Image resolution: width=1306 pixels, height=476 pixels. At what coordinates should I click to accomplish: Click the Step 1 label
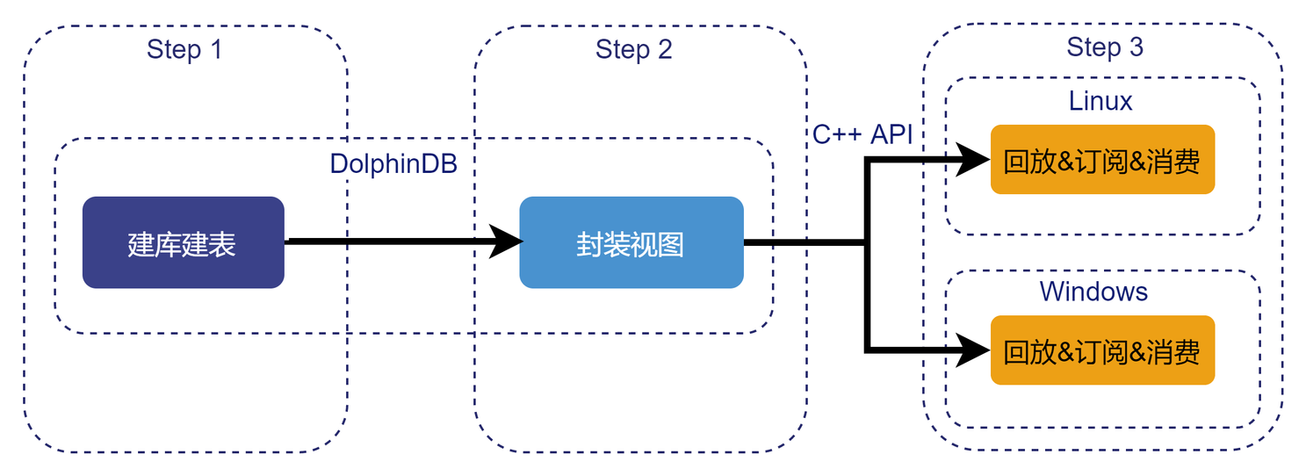point(184,49)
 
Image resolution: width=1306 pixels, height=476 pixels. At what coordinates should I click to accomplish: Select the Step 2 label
point(633,49)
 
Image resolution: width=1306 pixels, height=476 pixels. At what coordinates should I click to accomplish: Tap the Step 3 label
point(1105,47)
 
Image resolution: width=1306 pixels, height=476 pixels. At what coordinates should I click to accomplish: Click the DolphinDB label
point(393,164)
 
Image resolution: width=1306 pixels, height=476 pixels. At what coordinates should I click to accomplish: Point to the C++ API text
point(862,134)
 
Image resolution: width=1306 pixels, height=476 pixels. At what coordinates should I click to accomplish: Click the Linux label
point(1100,101)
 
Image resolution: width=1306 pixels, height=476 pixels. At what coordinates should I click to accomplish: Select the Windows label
point(1093,291)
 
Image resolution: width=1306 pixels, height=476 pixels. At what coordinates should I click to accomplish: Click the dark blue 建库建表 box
point(183,242)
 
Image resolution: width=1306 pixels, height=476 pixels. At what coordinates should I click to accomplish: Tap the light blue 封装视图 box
point(631,242)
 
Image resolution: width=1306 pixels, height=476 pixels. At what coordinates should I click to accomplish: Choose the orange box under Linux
point(1101,160)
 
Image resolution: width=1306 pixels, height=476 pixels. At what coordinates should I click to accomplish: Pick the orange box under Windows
point(1101,350)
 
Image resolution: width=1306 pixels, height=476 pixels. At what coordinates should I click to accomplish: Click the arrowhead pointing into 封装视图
point(506,241)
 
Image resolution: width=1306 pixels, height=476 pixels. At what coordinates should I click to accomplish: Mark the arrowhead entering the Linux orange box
point(973,159)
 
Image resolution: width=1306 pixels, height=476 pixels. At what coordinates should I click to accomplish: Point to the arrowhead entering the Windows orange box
point(973,350)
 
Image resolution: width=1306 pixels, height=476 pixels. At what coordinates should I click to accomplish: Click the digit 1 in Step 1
point(215,49)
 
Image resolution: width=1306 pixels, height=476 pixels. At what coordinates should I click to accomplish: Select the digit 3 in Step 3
point(1136,47)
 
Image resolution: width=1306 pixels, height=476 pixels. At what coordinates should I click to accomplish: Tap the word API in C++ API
point(891,134)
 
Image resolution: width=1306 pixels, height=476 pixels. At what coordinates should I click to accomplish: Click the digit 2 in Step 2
point(664,49)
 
